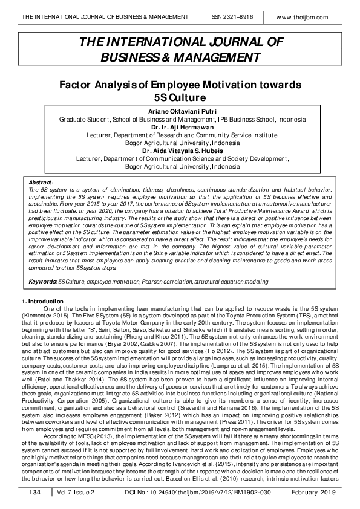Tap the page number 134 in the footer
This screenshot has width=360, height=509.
point(34,494)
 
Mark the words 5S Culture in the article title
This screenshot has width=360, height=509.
point(180,97)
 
